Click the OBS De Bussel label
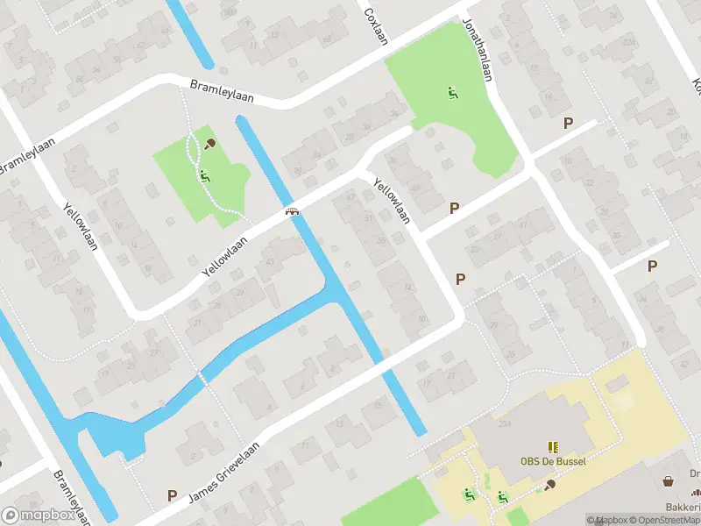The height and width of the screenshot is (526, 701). (x=553, y=462)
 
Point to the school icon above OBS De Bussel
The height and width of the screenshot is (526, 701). (x=553, y=447)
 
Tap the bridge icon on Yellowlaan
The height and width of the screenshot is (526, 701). (x=292, y=210)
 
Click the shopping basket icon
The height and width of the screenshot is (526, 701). (x=669, y=481)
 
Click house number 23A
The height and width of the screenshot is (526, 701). (x=505, y=424)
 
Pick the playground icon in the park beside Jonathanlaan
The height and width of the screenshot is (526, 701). (x=453, y=93)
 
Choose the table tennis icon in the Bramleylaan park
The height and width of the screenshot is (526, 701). (x=210, y=144)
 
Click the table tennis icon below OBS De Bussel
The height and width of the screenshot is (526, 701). (x=550, y=483)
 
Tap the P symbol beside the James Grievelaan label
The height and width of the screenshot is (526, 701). (x=173, y=496)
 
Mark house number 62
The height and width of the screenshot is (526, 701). (x=141, y=46)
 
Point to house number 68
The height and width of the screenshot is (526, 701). (x=327, y=38)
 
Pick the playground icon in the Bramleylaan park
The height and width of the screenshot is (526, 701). (x=205, y=175)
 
